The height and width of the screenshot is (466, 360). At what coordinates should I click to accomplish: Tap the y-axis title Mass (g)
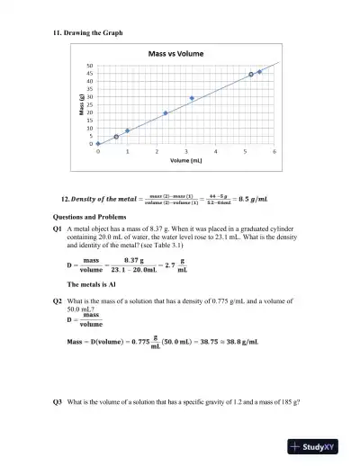[80, 105]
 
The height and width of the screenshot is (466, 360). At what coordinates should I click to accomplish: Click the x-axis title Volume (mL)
[186, 163]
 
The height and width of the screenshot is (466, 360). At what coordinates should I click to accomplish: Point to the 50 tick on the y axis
[90, 66]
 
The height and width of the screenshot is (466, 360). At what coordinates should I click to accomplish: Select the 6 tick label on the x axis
[274, 152]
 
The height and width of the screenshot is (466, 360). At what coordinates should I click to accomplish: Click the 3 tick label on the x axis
[186, 152]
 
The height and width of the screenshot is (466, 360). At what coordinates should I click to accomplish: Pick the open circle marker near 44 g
[250, 75]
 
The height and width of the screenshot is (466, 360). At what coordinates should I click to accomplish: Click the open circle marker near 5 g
[116, 137]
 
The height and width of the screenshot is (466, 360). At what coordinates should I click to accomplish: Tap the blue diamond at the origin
[98, 144]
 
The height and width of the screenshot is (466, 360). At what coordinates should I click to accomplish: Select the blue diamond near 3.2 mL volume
[192, 98]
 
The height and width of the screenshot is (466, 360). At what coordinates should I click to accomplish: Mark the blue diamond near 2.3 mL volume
[166, 113]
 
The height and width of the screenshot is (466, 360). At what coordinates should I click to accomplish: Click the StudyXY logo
[319, 446]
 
